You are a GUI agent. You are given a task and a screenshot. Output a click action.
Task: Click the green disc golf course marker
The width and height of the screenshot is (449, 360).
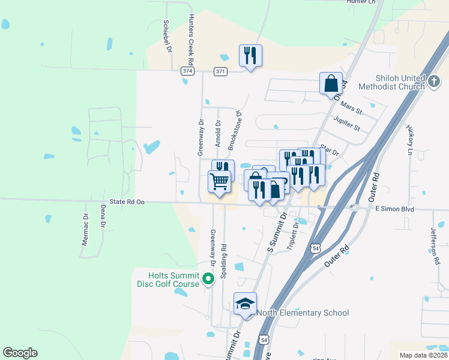pyautogui.click(x=208, y=279)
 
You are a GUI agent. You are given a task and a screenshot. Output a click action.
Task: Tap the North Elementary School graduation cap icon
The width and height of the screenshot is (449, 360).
pyautogui.click(x=245, y=304)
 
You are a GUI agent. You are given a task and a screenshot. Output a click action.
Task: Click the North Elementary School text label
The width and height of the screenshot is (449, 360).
pyautogui.click(x=303, y=313)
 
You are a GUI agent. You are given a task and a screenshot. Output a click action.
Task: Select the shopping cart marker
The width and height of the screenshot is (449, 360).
pyautogui.click(x=220, y=181)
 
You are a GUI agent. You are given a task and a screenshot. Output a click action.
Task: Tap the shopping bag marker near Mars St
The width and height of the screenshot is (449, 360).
pyautogui.click(x=331, y=83)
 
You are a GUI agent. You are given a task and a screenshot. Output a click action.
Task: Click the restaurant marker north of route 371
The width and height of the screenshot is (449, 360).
pyautogui.click(x=250, y=56)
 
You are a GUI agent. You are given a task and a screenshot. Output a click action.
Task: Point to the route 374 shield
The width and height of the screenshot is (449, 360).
pyautogui.click(x=187, y=71)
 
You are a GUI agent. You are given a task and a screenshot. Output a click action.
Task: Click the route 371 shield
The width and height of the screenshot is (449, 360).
pyautogui.click(x=220, y=71)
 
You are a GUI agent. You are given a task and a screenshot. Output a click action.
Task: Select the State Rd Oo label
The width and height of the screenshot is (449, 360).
pyautogui.click(x=127, y=203)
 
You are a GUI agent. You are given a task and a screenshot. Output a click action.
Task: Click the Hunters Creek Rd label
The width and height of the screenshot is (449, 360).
pyautogui.click(x=190, y=40)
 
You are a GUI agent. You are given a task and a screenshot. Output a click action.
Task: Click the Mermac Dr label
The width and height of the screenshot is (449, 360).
pyautogui.click(x=85, y=230)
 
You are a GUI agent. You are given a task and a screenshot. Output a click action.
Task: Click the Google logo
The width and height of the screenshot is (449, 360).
pyautogui.click(x=20, y=353)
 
